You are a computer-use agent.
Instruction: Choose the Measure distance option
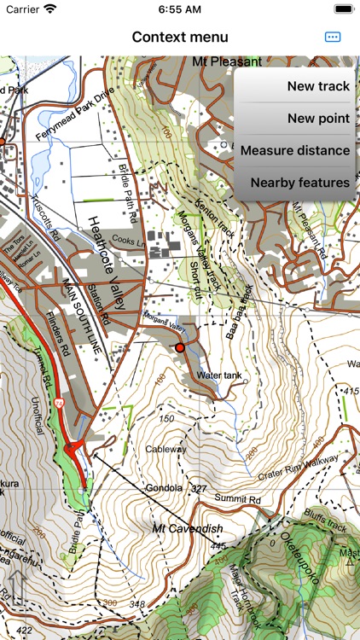[295, 150]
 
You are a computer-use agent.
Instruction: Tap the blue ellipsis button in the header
[333, 37]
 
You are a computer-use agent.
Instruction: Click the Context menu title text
[180, 37]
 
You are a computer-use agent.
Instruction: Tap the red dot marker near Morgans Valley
[180, 348]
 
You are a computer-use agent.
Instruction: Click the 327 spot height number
[199, 489]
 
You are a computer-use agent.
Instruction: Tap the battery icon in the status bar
[343, 9]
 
